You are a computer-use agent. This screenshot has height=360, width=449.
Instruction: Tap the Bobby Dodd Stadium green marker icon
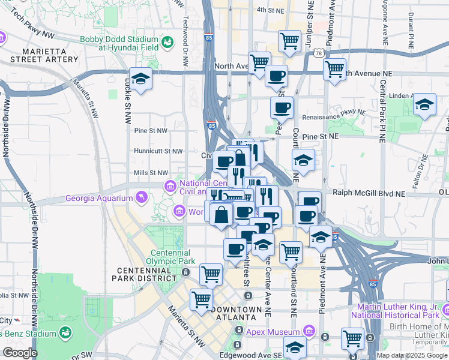[x=167, y=42]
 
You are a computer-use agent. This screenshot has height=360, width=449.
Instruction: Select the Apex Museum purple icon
[x=309, y=331]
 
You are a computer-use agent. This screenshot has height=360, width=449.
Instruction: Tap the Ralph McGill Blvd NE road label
[x=369, y=194]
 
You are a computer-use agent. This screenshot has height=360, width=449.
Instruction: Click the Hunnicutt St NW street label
[x=158, y=151]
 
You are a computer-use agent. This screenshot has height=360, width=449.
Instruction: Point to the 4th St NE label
[x=269, y=10]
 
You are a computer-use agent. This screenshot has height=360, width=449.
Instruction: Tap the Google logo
[x=20, y=353]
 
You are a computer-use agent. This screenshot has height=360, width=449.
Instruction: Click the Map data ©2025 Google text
[x=411, y=355]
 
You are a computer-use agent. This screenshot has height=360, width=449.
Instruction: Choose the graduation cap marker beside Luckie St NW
[x=140, y=80]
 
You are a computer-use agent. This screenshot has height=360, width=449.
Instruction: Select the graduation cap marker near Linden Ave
[x=424, y=106]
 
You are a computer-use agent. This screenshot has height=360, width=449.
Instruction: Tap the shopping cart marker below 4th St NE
[x=289, y=41]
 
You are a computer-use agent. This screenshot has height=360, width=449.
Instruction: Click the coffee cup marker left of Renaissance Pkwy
[x=281, y=108]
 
